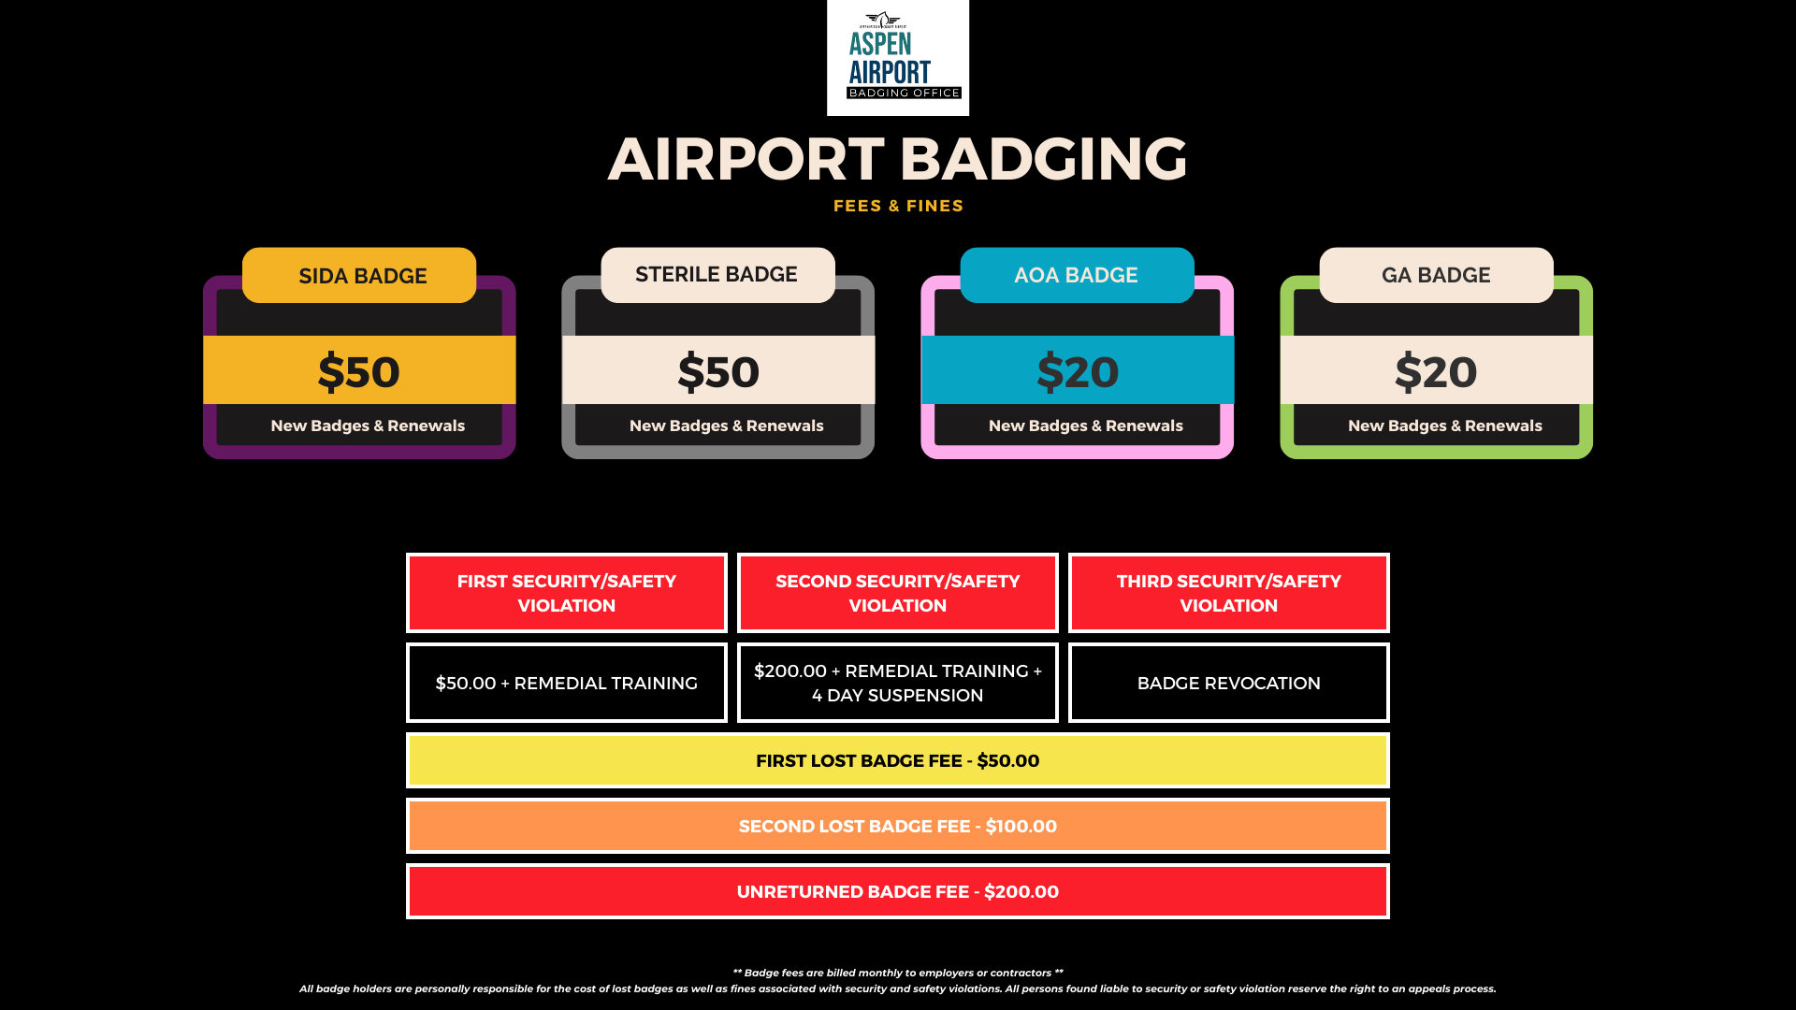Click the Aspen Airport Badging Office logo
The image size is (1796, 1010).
pyautogui.click(x=898, y=58)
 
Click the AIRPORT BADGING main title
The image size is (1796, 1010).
pyautogui.click(x=898, y=158)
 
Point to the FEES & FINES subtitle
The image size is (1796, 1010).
pyautogui.click(x=898, y=206)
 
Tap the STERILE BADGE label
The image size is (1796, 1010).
pyautogui.click(x=717, y=275)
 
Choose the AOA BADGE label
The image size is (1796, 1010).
pyautogui.click(x=1077, y=275)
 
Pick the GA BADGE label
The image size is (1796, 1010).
pyautogui.click(x=1436, y=275)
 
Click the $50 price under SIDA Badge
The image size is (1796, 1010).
pyautogui.click(x=359, y=371)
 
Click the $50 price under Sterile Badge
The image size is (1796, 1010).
pyautogui.click(x=718, y=371)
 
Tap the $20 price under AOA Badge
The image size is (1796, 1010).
pyautogui.click(x=1078, y=371)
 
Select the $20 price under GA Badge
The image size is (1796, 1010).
pyautogui.click(x=1436, y=371)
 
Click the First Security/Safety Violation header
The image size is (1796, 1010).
pyautogui.click(x=567, y=593)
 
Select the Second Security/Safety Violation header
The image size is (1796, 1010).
pyautogui.click(x=898, y=593)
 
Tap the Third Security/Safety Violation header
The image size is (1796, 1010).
pyautogui.click(x=1229, y=593)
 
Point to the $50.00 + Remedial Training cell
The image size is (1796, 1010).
pyautogui.click(x=567, y=683)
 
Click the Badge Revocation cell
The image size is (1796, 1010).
pyautogui.click(x=1229, y=683)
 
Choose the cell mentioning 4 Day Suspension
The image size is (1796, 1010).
pyautogui.click(x=898, y=683)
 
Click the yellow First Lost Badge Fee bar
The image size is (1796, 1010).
pyautogui.click(x=898, y=760)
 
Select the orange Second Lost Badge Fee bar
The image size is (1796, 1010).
pyautogui.click(x=898, y=826)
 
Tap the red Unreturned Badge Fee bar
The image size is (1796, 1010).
pyautogui.click(x=898, y=891)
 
